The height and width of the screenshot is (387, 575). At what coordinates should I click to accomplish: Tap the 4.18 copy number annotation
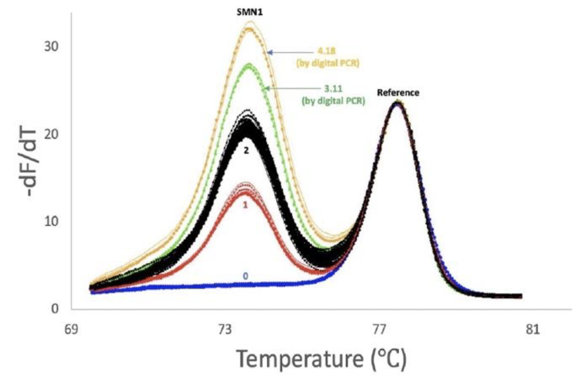(325, 52)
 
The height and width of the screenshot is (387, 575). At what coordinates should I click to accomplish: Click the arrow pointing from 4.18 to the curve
(289, 52)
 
